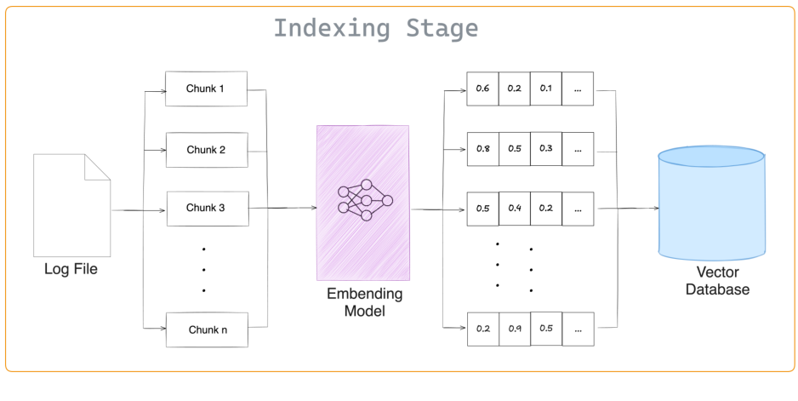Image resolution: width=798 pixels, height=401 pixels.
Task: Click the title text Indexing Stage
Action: (x=375, y=28)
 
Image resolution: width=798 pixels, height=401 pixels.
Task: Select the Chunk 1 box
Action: (x=206, y=89)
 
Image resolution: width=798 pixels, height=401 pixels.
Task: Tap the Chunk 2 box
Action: (x=206, y=150)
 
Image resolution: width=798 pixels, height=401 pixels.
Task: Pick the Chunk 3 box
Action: (x=206, y=208)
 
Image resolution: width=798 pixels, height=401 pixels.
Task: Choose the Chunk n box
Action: (x=206, y=329)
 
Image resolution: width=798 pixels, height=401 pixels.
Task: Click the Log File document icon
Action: (x=71, y=206)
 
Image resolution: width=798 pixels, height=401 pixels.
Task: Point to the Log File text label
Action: (x=71, y=270)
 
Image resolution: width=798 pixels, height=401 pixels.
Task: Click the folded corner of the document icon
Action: (x=99, y=166)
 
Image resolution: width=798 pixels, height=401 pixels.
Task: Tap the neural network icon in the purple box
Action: (x=364, y=201)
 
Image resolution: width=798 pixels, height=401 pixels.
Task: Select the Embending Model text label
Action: (x=364, y=302)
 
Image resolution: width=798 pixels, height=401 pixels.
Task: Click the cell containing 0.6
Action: (x=482, y=89)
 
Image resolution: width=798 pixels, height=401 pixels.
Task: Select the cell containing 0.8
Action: (x=482, y=149)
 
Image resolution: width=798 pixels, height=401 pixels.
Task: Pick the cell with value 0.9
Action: (x=514, y=329)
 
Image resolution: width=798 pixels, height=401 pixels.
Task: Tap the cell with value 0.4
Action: (x=514, y=208)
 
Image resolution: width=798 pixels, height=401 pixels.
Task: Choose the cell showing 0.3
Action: (x=545, y=149)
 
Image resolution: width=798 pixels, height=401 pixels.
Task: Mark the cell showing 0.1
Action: (x=545, y=89)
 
